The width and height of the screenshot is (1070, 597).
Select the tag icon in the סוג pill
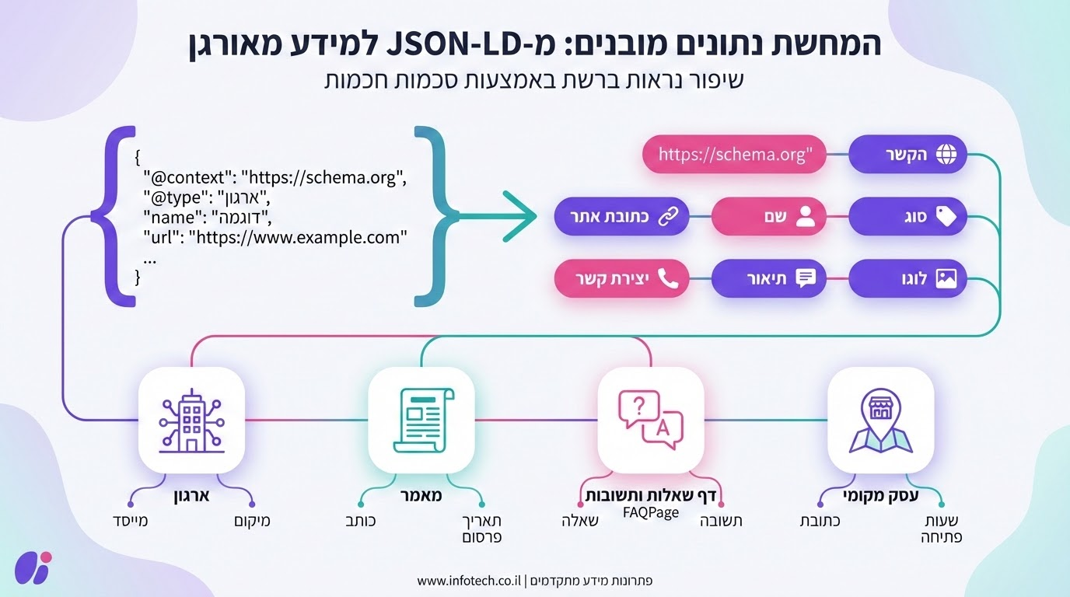point(946,217)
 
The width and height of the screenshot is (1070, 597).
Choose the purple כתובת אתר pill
point(621,217)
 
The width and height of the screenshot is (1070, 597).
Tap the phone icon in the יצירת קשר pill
point(668,279)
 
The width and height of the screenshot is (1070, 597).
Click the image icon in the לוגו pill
point(946,279)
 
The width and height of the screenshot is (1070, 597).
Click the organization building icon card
point(191,420)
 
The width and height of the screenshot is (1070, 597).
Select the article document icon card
point(421,420)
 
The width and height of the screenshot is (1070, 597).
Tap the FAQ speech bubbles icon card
point(650,420)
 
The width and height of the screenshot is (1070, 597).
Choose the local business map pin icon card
point(880,420)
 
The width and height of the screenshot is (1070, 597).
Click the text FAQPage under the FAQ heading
point(652,512)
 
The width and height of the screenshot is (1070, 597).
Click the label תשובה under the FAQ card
point(721,521)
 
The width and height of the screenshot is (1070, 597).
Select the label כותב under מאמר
point(360,521)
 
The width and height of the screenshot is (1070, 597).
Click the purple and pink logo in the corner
point(33,567)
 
